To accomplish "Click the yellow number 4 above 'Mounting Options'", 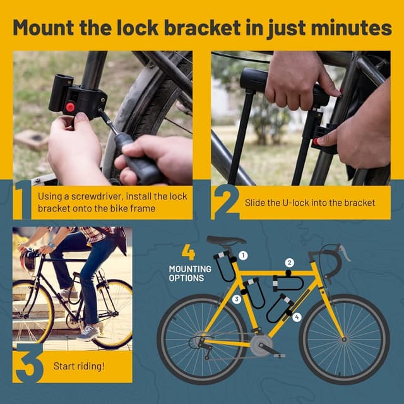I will click(188, 252).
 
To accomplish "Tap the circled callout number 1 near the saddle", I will click(244, 256).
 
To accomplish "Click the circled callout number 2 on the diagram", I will click(290, 263).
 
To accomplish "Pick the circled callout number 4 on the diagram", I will click(297, 317).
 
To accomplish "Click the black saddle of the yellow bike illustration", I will click(225, 241).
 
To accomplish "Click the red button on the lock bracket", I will click(70, 108).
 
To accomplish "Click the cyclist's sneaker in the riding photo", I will click(88, 333).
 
